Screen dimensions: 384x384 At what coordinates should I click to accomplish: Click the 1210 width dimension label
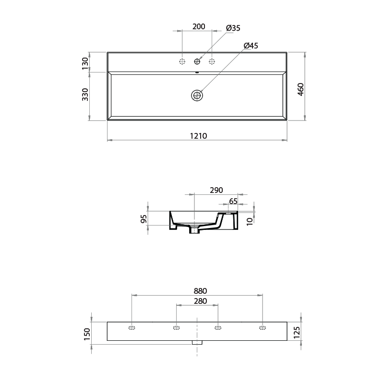197,136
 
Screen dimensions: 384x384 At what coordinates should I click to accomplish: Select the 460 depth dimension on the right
301,90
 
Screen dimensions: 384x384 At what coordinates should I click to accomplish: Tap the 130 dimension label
85,62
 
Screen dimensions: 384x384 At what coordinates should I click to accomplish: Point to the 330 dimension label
85,95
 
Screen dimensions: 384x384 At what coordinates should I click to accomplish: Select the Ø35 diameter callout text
233,28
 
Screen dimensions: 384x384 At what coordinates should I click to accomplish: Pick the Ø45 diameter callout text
251,46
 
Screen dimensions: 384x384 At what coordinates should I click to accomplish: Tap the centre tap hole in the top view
197,61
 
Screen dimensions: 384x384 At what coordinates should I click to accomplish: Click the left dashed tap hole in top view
182,61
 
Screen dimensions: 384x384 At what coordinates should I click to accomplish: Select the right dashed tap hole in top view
212,61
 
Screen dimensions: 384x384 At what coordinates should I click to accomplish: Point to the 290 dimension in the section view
216,190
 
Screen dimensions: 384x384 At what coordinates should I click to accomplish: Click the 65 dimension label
233,201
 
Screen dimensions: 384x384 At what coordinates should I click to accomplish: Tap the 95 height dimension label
144,219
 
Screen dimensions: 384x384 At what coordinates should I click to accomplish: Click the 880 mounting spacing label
200,291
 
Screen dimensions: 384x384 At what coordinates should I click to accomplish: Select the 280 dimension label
200,301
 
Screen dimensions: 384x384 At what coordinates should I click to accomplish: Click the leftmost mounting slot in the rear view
132,328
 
